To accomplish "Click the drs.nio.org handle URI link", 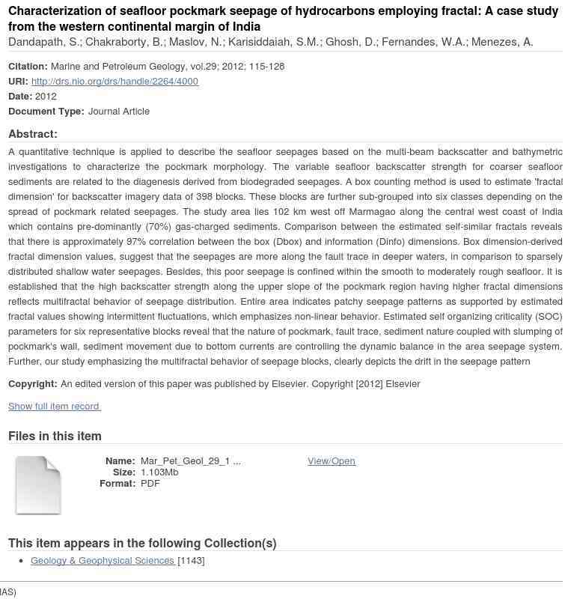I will point(114,81).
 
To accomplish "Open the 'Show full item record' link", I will point(54,406).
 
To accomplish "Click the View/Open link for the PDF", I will point(331,460).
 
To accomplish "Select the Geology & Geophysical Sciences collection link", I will point(103,560).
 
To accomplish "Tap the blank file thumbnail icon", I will point(38,485).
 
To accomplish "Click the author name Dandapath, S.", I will point(43,42).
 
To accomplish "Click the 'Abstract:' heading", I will point(33,134).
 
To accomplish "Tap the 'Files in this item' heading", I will point(55,436).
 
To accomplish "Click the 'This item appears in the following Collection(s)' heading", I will point(142,543).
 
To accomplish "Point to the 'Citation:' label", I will point(28,66).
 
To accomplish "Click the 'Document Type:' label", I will point(46,111).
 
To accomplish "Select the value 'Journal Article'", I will point(119,111).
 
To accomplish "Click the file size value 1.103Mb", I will point(159,472).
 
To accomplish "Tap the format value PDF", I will point(150,483).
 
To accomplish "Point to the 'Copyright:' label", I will point(33,383).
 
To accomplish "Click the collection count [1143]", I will point(191,560).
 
